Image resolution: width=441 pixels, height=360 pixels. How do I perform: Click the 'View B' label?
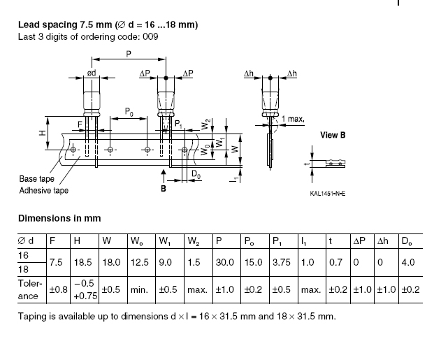coord(333,135)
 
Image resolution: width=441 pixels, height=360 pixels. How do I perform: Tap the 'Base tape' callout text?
coord(37,179)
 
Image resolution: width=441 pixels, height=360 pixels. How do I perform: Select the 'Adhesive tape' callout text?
coord(44,191)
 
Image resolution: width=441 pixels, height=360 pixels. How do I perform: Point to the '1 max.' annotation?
coord(293,119)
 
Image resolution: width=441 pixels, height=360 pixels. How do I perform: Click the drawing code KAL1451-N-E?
coord(328,194)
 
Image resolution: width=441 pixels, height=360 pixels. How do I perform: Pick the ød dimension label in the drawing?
coord(92,73)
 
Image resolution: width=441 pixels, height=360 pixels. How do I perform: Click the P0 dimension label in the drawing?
coord(129,112)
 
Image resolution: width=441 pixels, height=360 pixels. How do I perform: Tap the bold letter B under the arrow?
coord(164,189)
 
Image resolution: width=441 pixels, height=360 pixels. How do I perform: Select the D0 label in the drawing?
coord(196,174)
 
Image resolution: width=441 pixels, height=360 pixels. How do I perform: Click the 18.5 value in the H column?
coord(83,262)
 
